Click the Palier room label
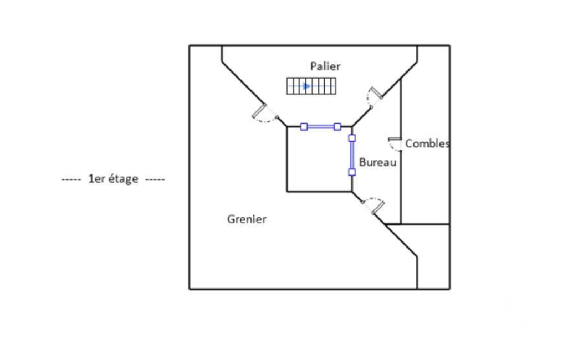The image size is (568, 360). click(325, 66)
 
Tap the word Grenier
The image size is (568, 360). click(247, 219)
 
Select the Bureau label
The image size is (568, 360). click(377, 162)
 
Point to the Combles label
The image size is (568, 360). click(427, 143)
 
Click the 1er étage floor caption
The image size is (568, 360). click(113, 179)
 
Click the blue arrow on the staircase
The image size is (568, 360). click(307, 86)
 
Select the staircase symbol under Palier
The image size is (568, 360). click(311, 86)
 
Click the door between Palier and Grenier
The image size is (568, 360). click(264, 114)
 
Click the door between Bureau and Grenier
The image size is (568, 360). click(373, 205)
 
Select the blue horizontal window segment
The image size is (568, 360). click(321, 127)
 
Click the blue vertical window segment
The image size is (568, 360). click(352, 155)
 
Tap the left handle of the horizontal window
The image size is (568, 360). click(304, 127)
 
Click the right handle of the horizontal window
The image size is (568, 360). click(337, 127)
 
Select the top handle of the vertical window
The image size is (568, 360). click(352, 138)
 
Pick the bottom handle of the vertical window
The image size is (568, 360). click(352, 172)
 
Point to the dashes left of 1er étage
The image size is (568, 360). click(71, 179)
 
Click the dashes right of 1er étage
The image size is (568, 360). click(155, 179)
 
